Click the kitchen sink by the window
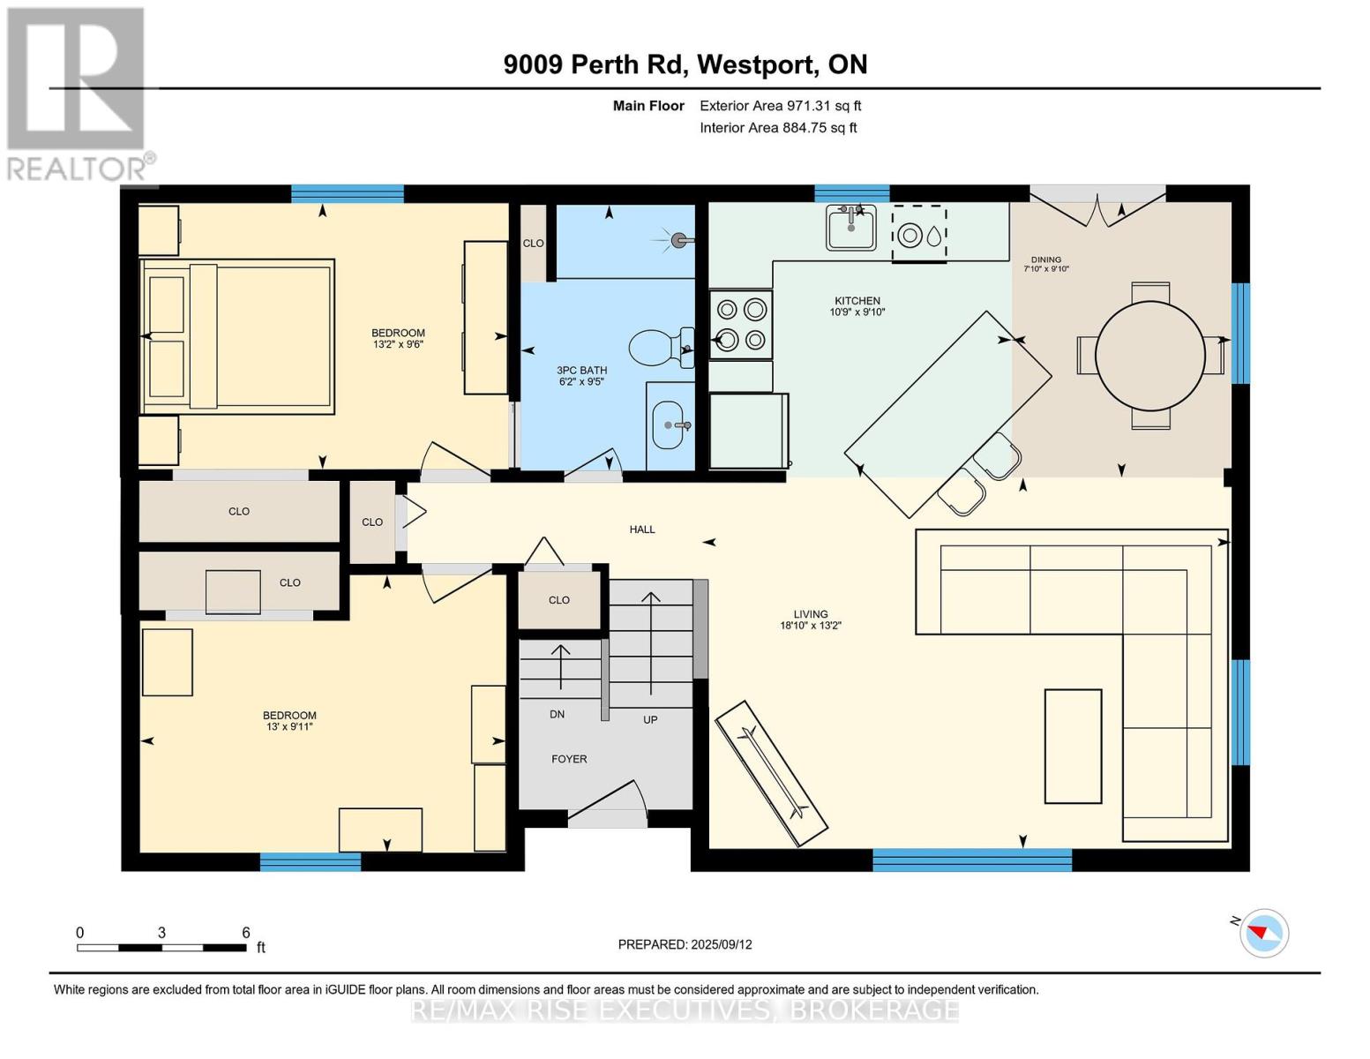coord(850,228)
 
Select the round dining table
coord(1150,356)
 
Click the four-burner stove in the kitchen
coord(741,324)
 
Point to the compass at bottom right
coord(1264,933)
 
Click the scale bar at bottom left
coord(161,947)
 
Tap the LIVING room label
coord(811,613)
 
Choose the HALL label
coord(642,529)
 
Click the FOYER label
coord(569,759)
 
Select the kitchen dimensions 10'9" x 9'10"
coord(857,312)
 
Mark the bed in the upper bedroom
coord(237,336)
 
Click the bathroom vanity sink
coord(670,425)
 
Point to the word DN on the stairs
coord(557,714)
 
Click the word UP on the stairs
coord(650,719)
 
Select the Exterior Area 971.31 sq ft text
coord(780,106)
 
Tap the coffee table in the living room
coord(1073,747)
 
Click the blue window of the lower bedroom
coord(311,861)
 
